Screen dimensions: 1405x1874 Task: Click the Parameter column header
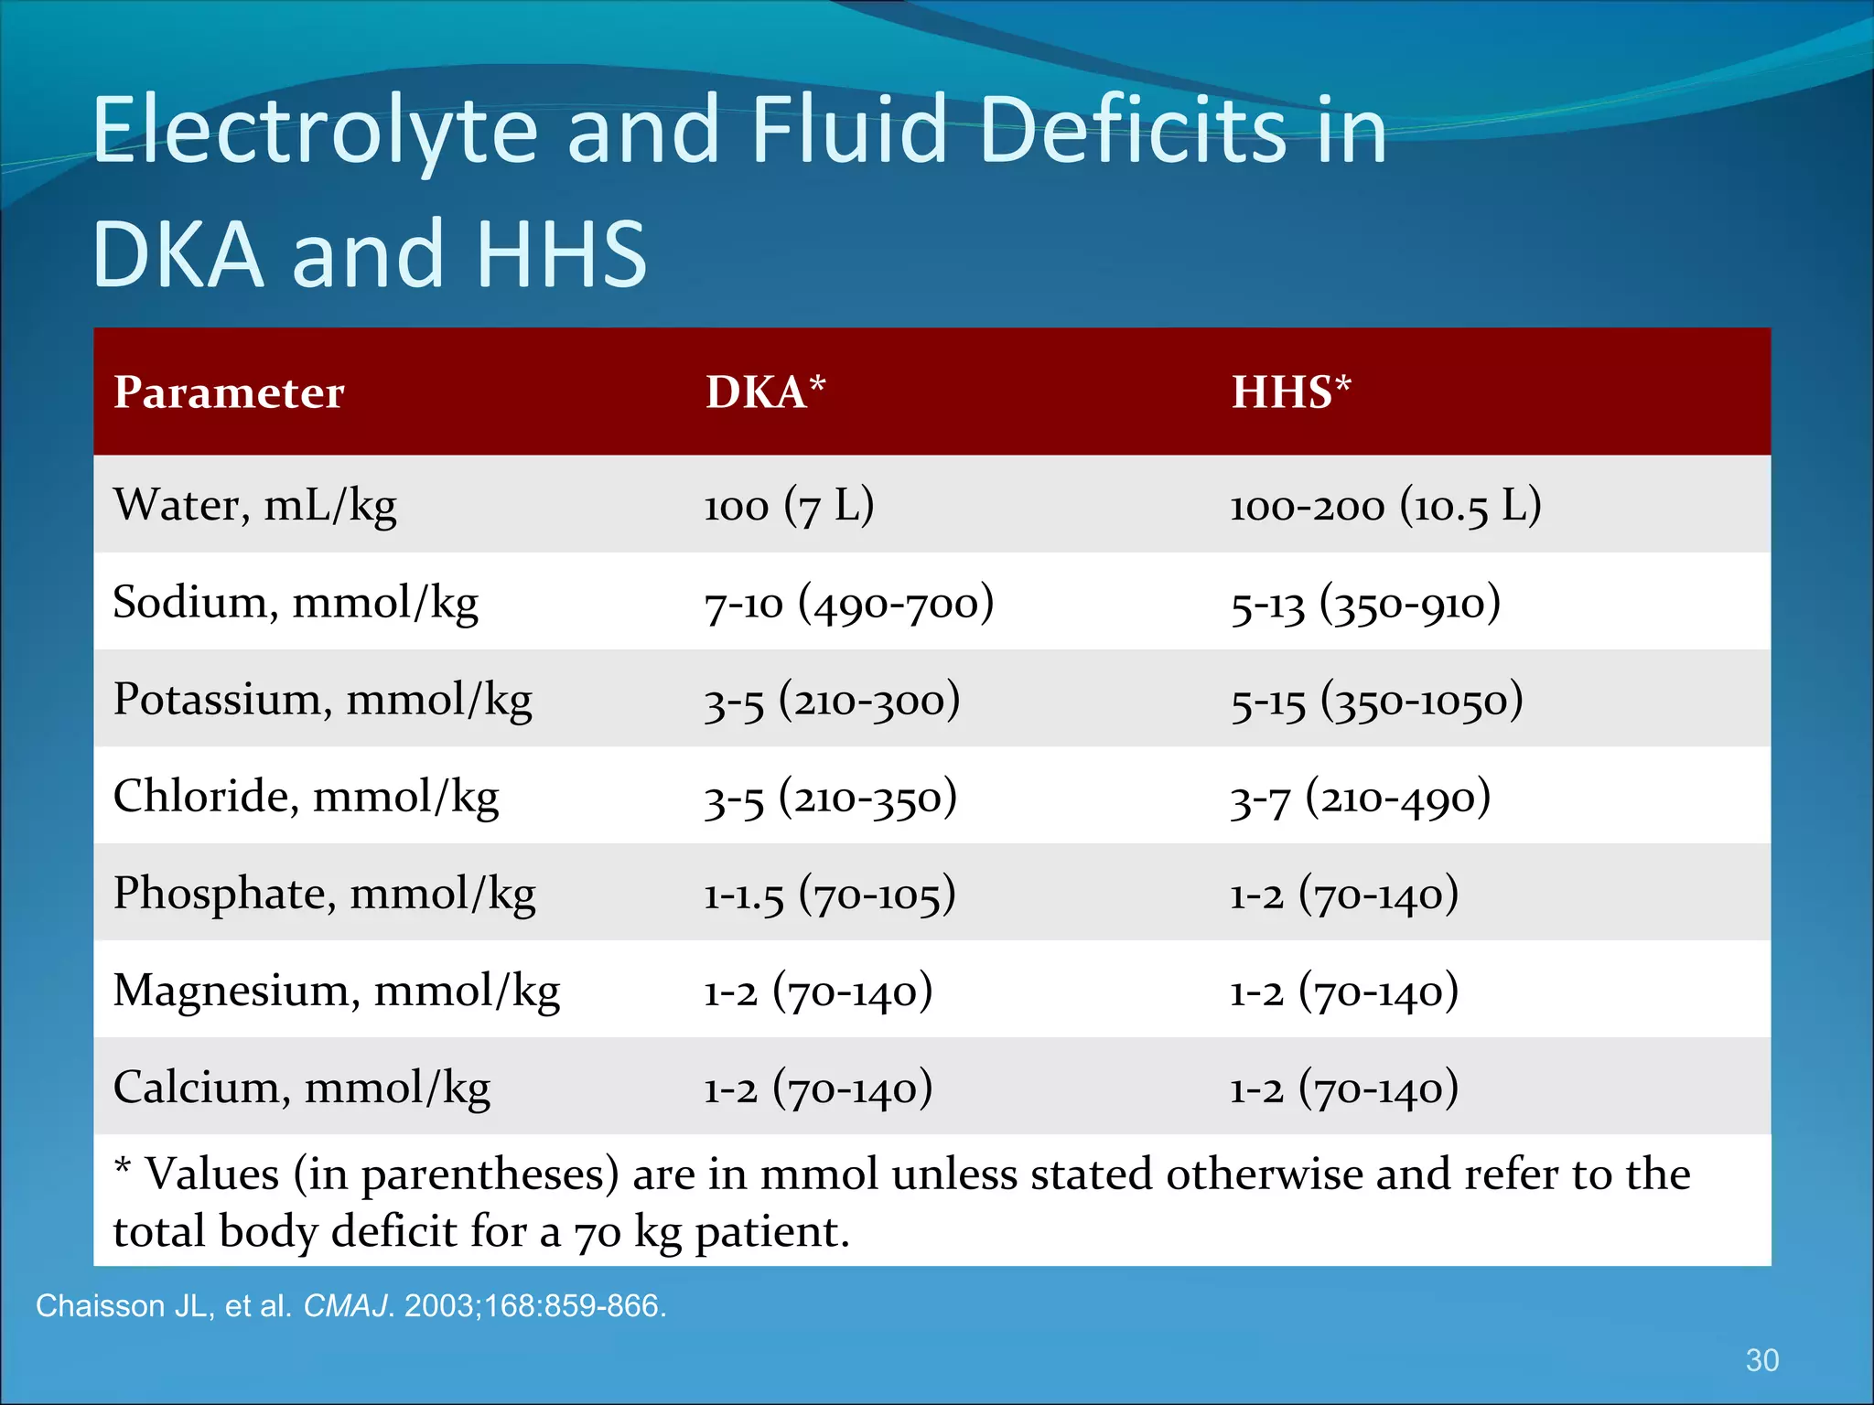point(229,392)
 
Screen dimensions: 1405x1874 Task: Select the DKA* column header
point(765,392)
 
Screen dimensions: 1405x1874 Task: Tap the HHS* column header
point(1290,392)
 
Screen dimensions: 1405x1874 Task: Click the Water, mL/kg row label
point(254,505)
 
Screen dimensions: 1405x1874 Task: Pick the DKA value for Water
point(789,506)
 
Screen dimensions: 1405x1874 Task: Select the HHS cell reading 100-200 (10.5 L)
point(1385,506)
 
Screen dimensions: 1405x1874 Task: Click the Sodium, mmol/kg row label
point(295,603)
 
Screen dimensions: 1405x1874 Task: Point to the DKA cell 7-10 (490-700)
point(848,604)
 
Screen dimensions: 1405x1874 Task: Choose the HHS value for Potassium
point(1376,701)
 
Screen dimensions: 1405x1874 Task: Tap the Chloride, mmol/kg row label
point(306,797)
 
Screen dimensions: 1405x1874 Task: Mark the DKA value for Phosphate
point(829,895)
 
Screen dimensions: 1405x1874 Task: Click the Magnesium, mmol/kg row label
point(336,992)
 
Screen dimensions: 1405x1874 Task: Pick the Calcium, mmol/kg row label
point(301,1089)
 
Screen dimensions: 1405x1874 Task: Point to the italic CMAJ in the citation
point(346,1305)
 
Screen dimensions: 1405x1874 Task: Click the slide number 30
point(1761,1360)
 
